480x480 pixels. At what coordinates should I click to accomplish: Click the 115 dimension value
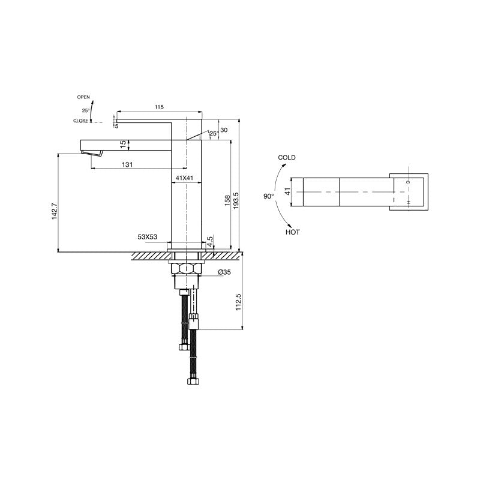point(159,107)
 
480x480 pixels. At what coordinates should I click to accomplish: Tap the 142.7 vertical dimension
point(54,211)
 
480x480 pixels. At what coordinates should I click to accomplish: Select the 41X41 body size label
point(184,178)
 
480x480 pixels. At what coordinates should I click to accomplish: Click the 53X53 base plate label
point(148,237)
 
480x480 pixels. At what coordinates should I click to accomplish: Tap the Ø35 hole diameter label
point(224,272)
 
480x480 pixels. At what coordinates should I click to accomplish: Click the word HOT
point(293,232)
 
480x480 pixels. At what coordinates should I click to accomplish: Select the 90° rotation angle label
point(268,196)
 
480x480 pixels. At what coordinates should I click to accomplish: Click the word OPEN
point(83,97)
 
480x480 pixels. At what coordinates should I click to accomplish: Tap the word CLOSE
point(80,121)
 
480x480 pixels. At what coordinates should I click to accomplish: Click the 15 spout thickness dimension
point(122,144)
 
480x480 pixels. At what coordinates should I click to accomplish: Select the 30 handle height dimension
point(224,130)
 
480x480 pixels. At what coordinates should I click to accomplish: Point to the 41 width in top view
point(287,192)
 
